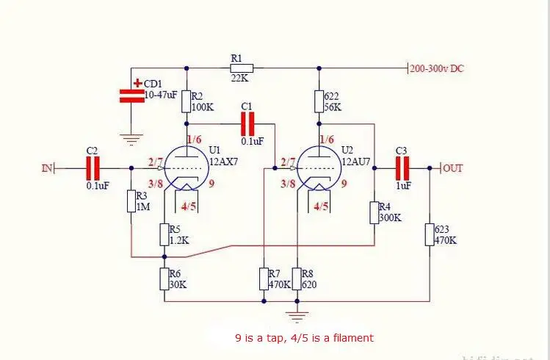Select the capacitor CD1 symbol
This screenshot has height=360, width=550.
click(x=131, y=93)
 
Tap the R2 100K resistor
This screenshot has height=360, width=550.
click(x=187, y=101)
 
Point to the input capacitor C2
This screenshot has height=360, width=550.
click(x=93, y=168)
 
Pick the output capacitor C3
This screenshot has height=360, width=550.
click(x=402, y=168)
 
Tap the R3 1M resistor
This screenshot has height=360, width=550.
click(x=131, y=201)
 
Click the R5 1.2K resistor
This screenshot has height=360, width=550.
click(x=164, y=234)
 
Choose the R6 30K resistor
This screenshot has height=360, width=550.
click(x=164, y=279)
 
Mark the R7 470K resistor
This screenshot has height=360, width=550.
click(x=264, y=279)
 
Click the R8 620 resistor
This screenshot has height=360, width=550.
click(x=297, y=279)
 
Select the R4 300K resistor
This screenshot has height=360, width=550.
click(x=374, y=212)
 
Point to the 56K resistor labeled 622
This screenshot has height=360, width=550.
click(x=319, y=101)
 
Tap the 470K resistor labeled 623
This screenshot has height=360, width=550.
click(x=430, y=235)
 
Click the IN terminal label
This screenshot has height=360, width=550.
click(x=48, y=168)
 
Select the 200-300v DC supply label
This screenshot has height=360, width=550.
click(x=437, y=68)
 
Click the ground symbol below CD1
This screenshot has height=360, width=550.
click(x=131, y=137)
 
